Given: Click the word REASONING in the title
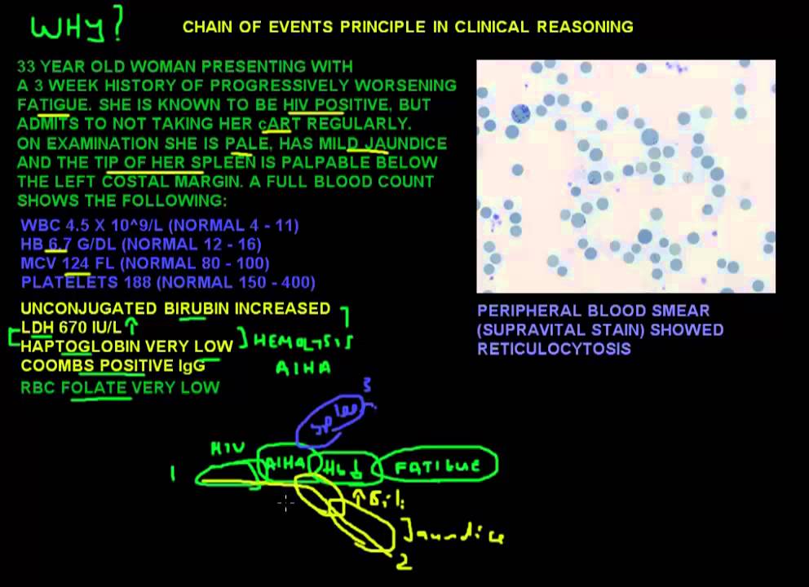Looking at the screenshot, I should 585,27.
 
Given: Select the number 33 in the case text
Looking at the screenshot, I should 26,66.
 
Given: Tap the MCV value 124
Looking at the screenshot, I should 75,263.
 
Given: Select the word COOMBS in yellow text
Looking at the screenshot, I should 55,365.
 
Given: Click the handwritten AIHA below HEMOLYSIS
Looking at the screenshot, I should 303,369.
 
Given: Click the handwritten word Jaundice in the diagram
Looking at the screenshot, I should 453,534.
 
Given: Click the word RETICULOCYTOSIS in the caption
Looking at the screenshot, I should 554,349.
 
